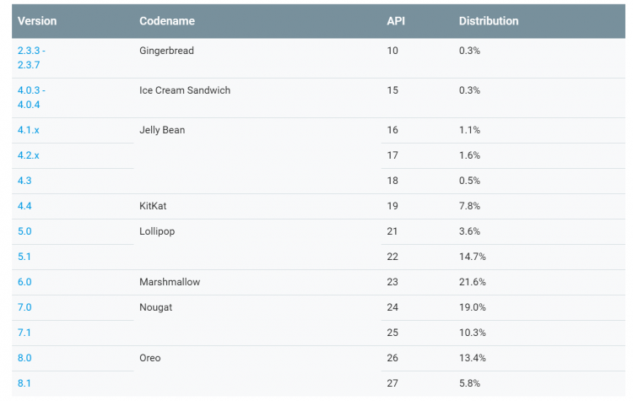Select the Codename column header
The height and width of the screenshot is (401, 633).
coord(165,21)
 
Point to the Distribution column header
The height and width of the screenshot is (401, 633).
coord(489,21)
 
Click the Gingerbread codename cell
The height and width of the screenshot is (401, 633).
coord(166,51)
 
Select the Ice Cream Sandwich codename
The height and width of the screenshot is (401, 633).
coord(185,90)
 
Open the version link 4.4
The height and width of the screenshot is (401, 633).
coord(24,206)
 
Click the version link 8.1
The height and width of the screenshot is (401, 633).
coord(24,383)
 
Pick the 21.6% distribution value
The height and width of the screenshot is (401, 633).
coord(472,282)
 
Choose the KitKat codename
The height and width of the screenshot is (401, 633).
coord(154,206)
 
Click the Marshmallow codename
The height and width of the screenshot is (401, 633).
coord(170,282)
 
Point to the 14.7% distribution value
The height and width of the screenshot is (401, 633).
coord(472,257)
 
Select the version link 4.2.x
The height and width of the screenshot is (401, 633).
coord(29,155)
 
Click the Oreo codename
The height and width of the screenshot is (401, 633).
coord(151,358)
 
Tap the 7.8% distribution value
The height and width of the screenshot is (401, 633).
coord(469,206)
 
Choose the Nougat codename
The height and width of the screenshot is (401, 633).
coord(155,307)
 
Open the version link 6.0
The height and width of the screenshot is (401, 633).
coord(24,282)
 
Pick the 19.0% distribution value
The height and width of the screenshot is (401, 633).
coord(472,307)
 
